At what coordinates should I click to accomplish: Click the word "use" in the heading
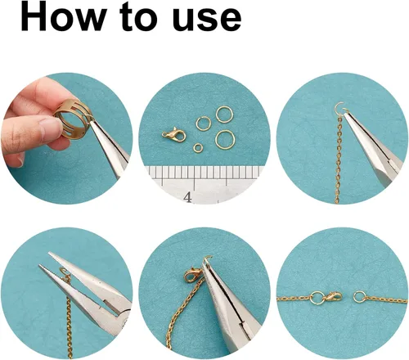207,20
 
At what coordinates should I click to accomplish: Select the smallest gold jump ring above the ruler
198,147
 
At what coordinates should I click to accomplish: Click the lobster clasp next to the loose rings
173,134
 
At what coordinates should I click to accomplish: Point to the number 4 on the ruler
187,197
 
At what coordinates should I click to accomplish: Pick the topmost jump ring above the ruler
225,114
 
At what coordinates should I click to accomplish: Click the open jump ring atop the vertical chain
339,108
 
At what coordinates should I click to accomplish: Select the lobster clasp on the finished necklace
332,297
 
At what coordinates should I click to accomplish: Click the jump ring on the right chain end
359,297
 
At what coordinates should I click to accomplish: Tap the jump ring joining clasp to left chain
317,297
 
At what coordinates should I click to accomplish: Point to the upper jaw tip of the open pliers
50,253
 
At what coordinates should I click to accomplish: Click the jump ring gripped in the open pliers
63,271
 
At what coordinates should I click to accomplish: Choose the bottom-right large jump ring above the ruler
225,139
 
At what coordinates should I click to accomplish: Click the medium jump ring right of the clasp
204,124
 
